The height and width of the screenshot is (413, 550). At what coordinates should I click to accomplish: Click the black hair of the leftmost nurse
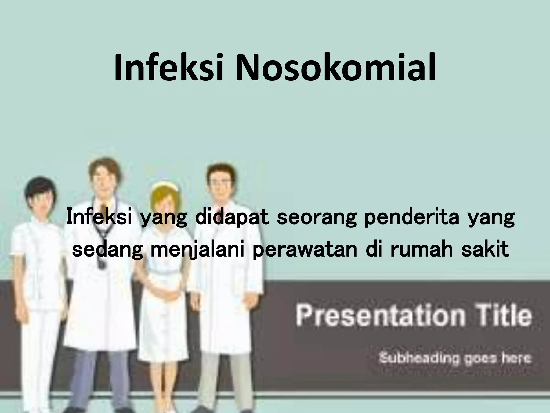point(40,186)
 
